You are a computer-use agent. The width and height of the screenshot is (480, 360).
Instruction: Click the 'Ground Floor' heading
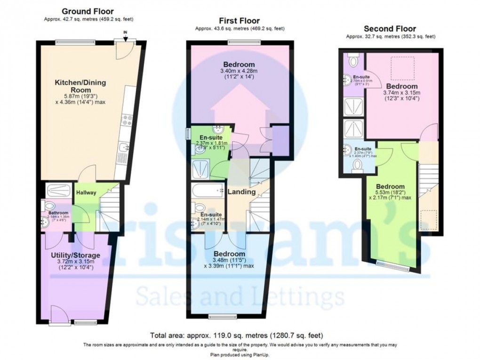point(88,11)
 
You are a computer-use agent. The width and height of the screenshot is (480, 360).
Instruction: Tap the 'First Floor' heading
point(240,21)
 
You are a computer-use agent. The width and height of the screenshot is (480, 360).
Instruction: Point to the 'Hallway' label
point(86,192)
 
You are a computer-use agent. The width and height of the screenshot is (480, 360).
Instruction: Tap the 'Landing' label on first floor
point(241,192)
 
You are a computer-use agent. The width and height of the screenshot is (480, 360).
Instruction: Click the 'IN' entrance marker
point(125,32)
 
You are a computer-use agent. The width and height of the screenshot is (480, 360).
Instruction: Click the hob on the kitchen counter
point(124,123)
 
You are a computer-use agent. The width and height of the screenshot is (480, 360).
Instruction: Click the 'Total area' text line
point(236,336)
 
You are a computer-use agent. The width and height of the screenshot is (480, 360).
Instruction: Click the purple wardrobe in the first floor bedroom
point(280,140)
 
